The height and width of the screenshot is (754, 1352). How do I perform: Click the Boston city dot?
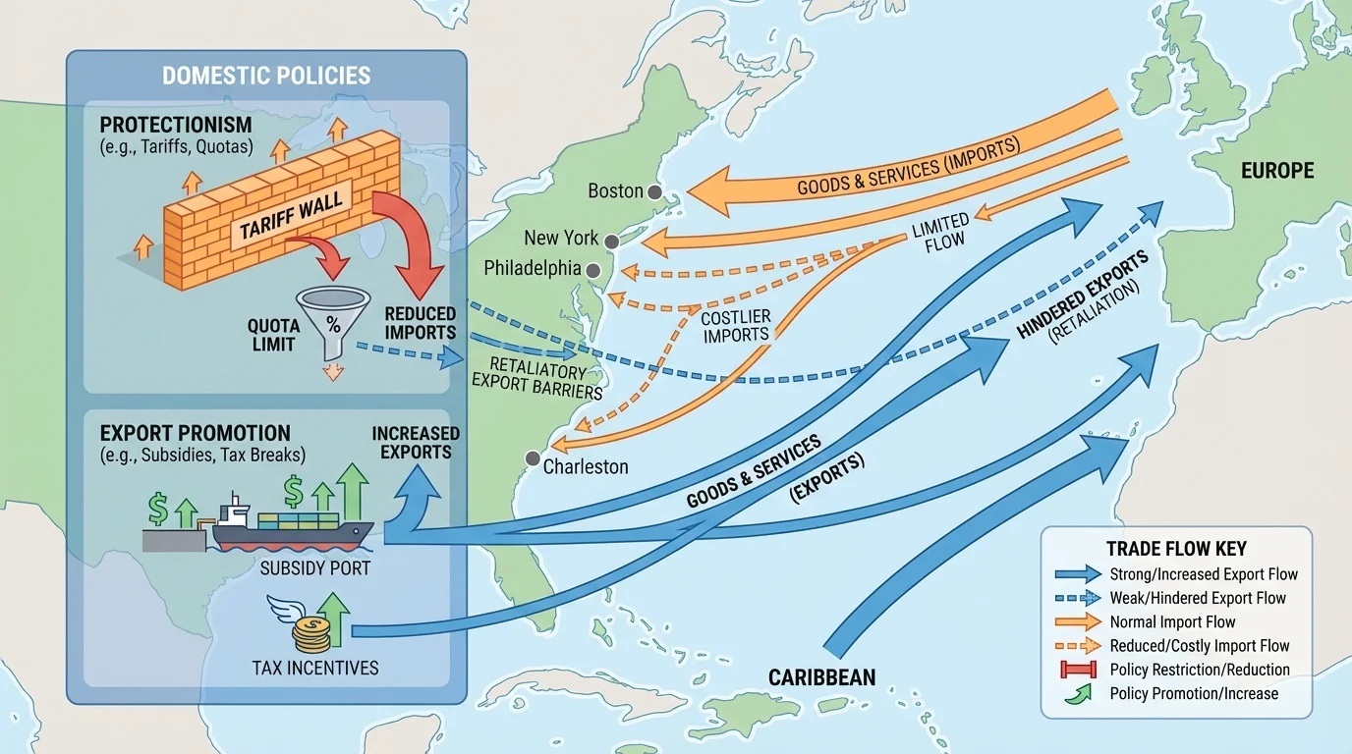point(654,192)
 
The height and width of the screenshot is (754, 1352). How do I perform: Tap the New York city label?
point(562,238)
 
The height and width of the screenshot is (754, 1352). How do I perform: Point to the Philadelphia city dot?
point(593,270)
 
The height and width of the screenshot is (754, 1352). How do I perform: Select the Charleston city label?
point(586,466)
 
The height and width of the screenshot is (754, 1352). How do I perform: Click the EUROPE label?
point(1276,171)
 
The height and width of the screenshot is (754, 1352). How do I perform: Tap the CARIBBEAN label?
point(821,676)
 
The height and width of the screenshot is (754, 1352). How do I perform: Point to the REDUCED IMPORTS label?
point(421,323)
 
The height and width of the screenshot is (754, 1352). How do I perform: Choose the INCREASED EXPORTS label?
point(416,443)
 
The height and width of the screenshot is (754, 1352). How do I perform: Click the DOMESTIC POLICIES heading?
point(266,76)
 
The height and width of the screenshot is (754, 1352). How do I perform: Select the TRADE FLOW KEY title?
point(1176,549)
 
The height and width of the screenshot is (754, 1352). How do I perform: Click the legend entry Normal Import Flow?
point(1172,621)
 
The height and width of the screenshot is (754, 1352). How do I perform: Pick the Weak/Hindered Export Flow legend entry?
point(1197,598)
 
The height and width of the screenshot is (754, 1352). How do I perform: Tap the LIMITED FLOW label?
point(940,230)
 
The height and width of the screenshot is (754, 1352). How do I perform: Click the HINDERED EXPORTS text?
point(1082,295)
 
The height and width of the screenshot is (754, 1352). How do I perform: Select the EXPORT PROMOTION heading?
point(196,433)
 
